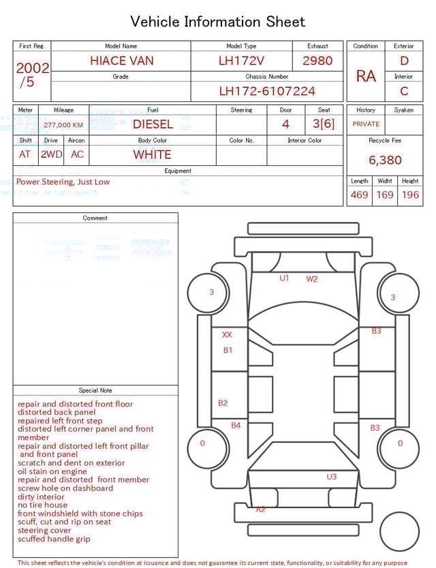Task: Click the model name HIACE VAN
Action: click(122, 61)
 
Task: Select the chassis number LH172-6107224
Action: click(267, 91)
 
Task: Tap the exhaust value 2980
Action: click(317, 61)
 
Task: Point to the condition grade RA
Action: click(366, 76)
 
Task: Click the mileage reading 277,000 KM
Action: click(63, 125)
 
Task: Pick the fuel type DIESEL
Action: click(153, 124)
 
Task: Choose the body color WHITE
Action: click(152, 154)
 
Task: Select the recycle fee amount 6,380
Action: click(385, 160)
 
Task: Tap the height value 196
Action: click(410, 195)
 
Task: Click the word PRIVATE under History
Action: click(366, 124)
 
